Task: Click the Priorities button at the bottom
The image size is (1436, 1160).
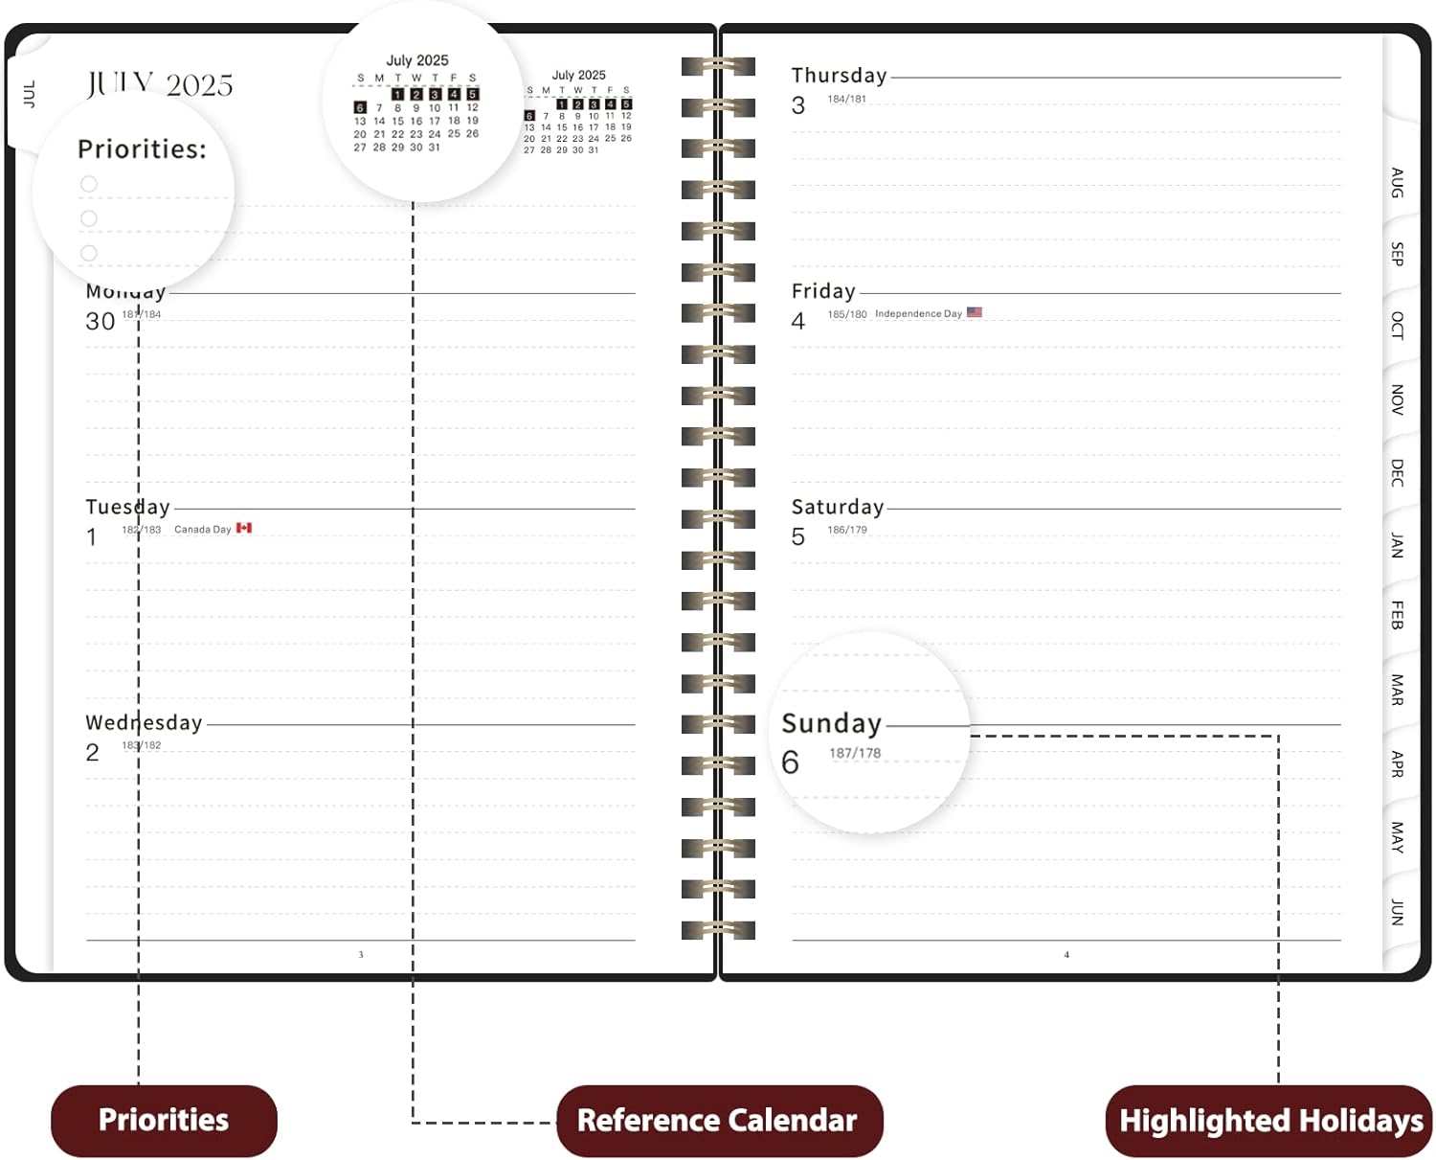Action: [164, 1120]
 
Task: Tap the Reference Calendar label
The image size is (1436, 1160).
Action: [717, 1120]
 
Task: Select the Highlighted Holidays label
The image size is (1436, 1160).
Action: [1270, 1121]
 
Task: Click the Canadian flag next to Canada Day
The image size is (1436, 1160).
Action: [244, 528]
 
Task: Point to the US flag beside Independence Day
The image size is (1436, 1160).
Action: [975, 312]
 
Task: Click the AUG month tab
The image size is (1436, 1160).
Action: [1397, 182]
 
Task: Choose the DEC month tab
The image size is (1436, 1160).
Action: [1397, 472]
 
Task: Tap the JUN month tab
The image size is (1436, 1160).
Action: [1397, 912]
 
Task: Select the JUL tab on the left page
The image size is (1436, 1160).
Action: [29, 94]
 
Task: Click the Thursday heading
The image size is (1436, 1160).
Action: [839, 76]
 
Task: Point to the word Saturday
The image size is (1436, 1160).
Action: [837, 507]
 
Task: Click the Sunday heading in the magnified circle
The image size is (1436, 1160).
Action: [831, 723]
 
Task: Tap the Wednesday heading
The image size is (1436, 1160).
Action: [144, 723]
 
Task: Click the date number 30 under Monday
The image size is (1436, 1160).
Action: [100, 322]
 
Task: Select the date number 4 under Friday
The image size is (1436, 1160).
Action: [798, 322]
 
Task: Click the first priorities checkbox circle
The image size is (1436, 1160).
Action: [89, 184]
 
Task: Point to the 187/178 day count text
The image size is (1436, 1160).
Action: [855, 754]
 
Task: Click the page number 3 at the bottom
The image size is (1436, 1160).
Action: [361, 955]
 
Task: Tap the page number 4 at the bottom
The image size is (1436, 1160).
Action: [1066, 955]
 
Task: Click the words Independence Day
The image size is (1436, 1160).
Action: [918, 314]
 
